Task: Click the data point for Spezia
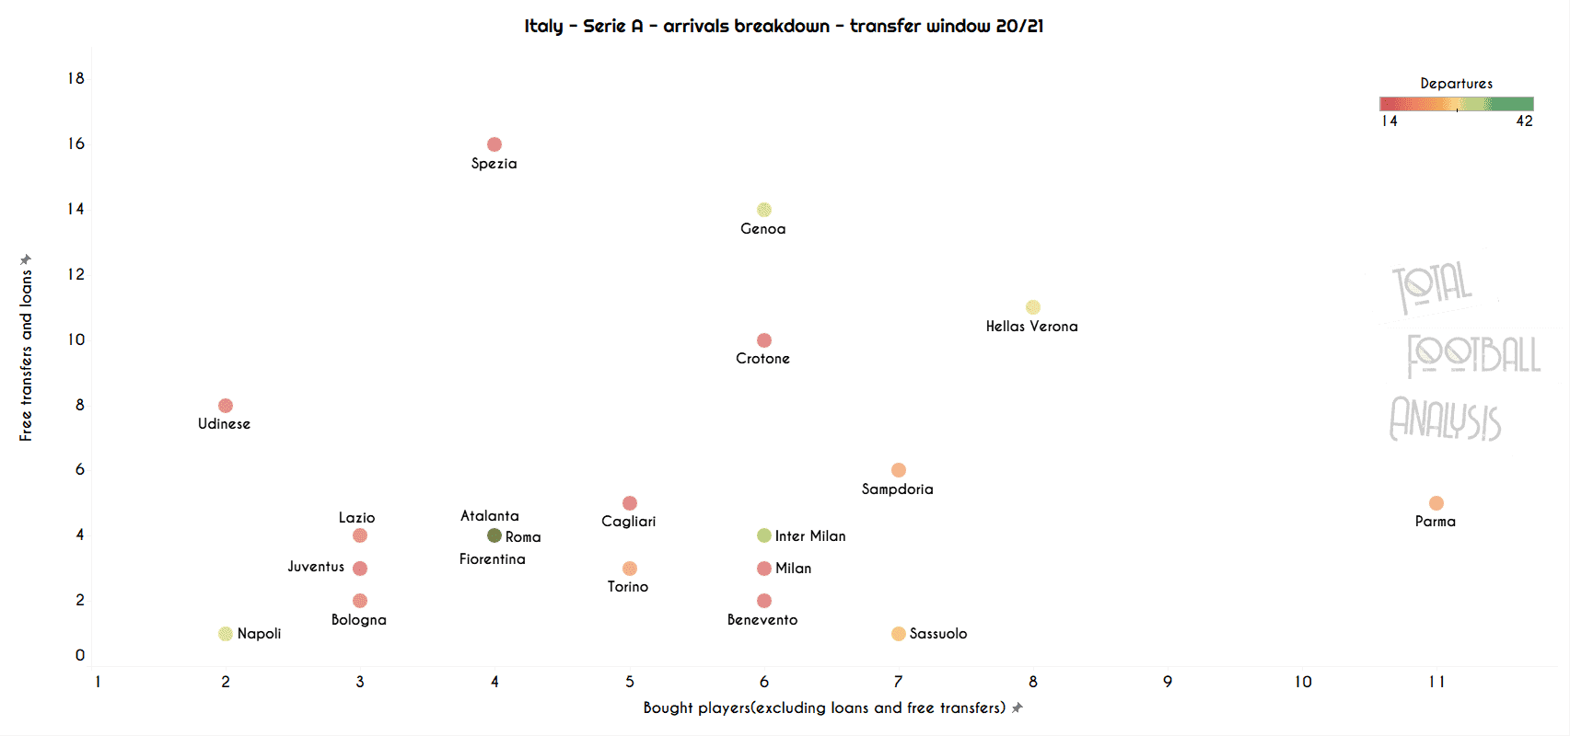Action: (494, 144)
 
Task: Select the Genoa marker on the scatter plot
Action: (764, 210)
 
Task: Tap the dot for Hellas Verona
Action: (1033, 307)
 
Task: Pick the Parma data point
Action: (1436, 503)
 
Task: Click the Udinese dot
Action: (226, 406)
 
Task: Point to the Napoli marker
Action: (226, 634)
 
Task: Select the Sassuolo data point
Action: (899, 634)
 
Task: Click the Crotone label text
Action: (762, 359)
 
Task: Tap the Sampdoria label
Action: (897, 489)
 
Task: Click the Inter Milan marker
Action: (764, 535)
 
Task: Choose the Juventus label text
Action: (316, 567)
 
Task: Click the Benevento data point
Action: (764, 601)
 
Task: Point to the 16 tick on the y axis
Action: (76, 144)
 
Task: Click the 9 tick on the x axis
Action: (1168, 682)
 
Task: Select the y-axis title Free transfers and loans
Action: (26, 354)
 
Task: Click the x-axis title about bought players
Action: (824, 707)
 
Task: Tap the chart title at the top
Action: (784, 26)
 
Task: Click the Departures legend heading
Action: (1456, 84)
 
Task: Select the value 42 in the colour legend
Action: (1525, 121)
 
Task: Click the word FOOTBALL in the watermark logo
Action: (1473, 356)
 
